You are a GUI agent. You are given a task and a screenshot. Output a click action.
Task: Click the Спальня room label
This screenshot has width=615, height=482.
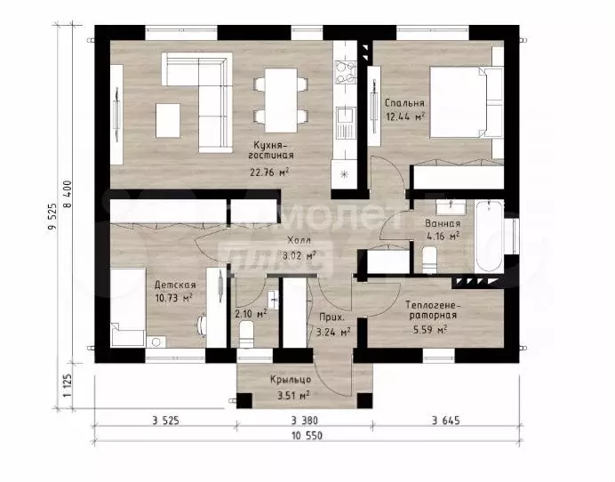point(404,103)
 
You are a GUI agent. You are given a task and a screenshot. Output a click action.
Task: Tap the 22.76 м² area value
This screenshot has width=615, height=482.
point(270,173)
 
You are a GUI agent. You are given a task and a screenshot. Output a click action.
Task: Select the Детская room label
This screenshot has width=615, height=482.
point(175,285)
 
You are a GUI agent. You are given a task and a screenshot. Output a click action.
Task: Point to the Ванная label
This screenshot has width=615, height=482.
point(443,224)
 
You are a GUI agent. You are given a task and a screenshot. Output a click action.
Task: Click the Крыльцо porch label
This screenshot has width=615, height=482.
point(291,380)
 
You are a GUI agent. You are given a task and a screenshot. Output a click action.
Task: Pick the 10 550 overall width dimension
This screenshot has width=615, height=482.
point(307,436)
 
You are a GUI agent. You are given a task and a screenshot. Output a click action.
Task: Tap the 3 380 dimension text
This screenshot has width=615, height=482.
point(304,421)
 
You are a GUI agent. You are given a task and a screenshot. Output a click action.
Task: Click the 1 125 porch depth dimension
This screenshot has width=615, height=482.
point(67,385)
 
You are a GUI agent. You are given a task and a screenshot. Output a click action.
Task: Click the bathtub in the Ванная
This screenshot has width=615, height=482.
point(489,236)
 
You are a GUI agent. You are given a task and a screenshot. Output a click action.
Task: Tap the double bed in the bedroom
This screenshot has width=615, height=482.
point(467,102)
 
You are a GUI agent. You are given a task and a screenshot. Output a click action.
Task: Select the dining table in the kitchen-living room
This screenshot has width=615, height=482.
point(281,100)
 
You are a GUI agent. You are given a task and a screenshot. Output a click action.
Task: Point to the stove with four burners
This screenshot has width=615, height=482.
point(345,72)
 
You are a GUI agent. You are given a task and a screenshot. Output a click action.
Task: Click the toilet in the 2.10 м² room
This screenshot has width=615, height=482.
point(247,334)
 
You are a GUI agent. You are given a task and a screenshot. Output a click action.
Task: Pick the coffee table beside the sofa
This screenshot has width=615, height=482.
point(168,120)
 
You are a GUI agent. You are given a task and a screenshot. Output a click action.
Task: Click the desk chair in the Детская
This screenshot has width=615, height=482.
point(202,325)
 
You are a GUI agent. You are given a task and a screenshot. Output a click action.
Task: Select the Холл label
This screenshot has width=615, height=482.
point(299,240)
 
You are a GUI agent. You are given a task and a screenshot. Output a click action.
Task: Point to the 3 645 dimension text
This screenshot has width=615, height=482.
point(445,421)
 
